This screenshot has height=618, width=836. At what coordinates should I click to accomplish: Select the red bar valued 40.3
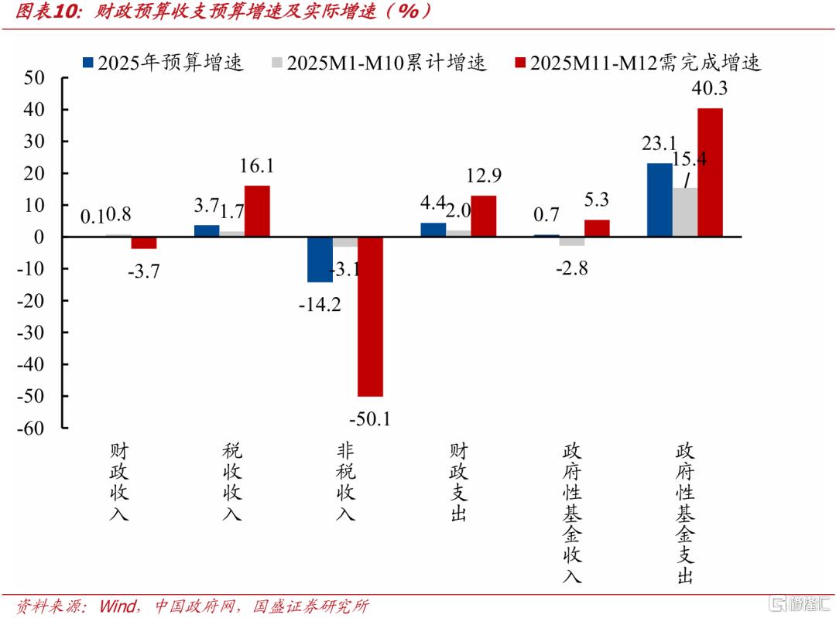710,172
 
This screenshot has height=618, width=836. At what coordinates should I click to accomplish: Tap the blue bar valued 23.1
660,200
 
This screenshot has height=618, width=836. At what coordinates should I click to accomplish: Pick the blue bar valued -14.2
320,259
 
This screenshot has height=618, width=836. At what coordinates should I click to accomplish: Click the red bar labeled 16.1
257,210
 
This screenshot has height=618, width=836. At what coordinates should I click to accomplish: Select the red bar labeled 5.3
597,228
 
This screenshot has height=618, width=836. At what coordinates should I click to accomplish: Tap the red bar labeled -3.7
144,243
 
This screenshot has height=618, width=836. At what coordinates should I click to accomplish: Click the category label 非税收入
345,481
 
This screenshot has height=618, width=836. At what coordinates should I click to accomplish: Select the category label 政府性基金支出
684,513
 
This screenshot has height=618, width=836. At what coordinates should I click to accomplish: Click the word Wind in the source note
118,606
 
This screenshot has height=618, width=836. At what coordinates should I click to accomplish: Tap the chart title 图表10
49,12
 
